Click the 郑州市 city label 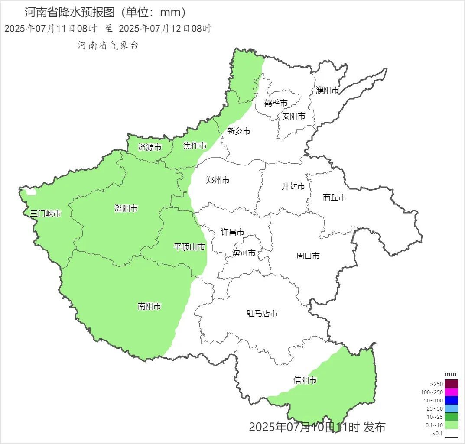[x=218, y=180]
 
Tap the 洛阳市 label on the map [x=126, y=208]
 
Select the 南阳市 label [x=150, y=306]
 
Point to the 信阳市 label [x=305, y=380]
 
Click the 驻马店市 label [x=262, y=314]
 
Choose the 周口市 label [x=308, y=256]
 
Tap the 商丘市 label [x=335, y=198]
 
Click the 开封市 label [x=293, y=186]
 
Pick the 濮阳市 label [x=327, y=90]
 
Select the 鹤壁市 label [x=276, y=103]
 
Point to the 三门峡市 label [x=46, y=213]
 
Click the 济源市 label [x=150, y=147]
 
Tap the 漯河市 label [x=244, y=253]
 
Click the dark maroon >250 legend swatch [x=451, y=384]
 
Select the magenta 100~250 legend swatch [x=451, y=392]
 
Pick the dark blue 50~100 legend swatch [x=451, y=400]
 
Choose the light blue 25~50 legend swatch [x=451, y=408]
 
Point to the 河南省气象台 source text [x=108, y=45]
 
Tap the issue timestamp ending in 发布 [x=317, y=427]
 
